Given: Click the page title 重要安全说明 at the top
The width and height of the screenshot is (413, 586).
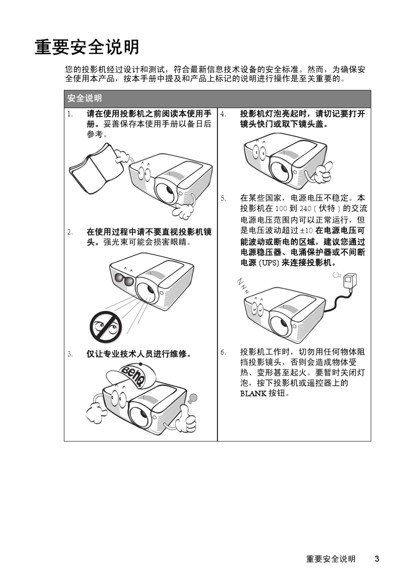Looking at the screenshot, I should [x=87, y=47].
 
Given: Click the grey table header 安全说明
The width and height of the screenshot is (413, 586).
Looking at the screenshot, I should [x=84, y=98].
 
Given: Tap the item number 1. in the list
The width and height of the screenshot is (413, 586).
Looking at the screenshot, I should [x=70, y=114].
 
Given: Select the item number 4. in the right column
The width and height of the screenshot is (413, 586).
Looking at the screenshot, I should [x=223, y=114].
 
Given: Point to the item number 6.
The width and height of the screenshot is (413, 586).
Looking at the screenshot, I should [x=223, y=352].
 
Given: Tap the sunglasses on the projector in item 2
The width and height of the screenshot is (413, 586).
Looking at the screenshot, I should [x=124, y=280].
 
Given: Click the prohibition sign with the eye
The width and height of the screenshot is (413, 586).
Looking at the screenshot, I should [x=106, y=327].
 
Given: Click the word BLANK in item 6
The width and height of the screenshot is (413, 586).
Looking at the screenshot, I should [x=253, y=394].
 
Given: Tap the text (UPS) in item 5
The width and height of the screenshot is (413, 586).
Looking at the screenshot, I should [x=269, y=263].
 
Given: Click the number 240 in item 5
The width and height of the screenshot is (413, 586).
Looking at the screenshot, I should [x=305, y=209].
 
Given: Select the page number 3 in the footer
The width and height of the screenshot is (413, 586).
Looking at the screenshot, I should [x=377, y=559].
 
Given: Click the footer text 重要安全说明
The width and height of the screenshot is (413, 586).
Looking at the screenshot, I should [x=330, y=559].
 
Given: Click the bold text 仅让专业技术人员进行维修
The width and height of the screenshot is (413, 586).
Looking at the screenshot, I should [x=139, y=354].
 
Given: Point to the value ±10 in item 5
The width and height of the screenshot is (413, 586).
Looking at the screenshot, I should [x=306, y=231].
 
